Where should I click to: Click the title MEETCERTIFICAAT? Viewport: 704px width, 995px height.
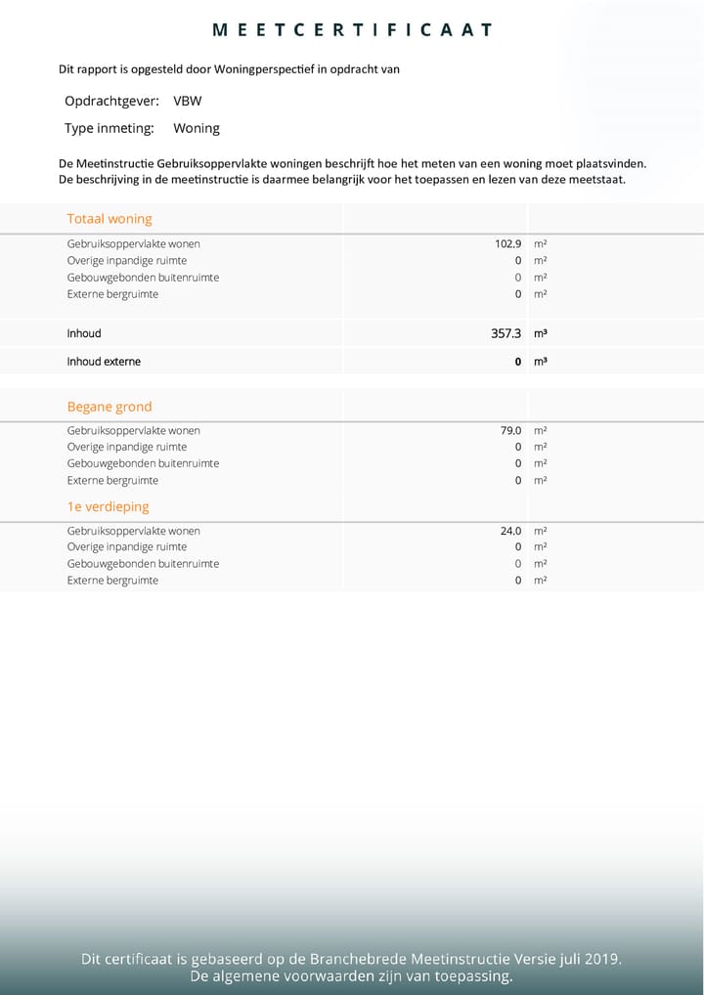352,30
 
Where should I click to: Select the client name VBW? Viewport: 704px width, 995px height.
188,101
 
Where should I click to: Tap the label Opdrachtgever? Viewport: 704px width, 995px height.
111,101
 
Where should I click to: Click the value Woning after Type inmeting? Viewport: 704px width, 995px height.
197,128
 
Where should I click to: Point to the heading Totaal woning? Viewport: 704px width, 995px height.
110,219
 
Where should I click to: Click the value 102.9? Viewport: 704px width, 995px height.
508,244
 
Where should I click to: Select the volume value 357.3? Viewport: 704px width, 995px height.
506,333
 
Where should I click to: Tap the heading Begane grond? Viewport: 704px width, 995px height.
110,407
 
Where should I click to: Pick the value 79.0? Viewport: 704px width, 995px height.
510,430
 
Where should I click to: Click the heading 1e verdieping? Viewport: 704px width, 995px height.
108,507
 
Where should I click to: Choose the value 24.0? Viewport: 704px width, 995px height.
510,531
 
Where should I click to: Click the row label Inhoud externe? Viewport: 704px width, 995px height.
104,362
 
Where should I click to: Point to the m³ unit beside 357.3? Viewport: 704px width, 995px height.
540,333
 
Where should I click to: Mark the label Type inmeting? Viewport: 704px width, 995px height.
110,128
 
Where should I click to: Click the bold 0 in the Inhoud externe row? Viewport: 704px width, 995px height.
518,362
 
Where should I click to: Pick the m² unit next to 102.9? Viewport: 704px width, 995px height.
540,244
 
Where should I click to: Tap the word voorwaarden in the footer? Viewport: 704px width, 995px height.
330,976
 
